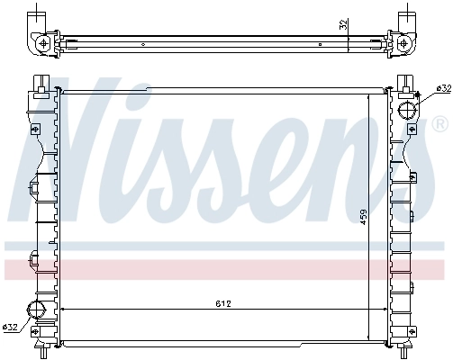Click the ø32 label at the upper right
[442, 88]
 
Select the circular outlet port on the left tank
[39, 311]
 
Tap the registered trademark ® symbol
[439, 121]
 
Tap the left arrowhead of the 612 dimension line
[63, 310]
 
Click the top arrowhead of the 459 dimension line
[369, 92]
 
